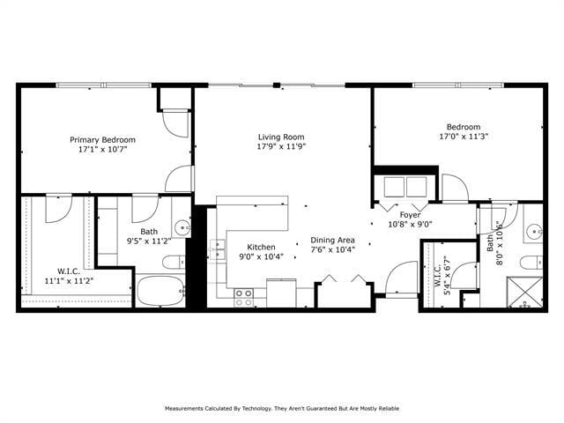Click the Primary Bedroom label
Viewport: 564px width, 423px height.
point(103,139)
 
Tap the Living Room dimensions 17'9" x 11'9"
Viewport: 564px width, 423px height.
point(281,148)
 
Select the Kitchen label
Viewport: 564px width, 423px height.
point(261,247)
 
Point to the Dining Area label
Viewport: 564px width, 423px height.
point(332,240)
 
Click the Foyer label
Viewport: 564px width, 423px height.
point(410,214)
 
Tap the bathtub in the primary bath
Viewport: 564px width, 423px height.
point(160,291)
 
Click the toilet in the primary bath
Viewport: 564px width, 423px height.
point(174,261)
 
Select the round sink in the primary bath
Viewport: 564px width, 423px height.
point(182,226)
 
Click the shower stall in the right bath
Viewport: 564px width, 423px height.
point(525,293)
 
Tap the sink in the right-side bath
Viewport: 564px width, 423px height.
point(534,233)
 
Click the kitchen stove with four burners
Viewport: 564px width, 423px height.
point(244,297)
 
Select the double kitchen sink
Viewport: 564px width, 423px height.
point(217,249)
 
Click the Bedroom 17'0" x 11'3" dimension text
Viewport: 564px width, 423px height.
point(464,137)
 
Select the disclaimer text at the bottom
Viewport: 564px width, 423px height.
point(281,409)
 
